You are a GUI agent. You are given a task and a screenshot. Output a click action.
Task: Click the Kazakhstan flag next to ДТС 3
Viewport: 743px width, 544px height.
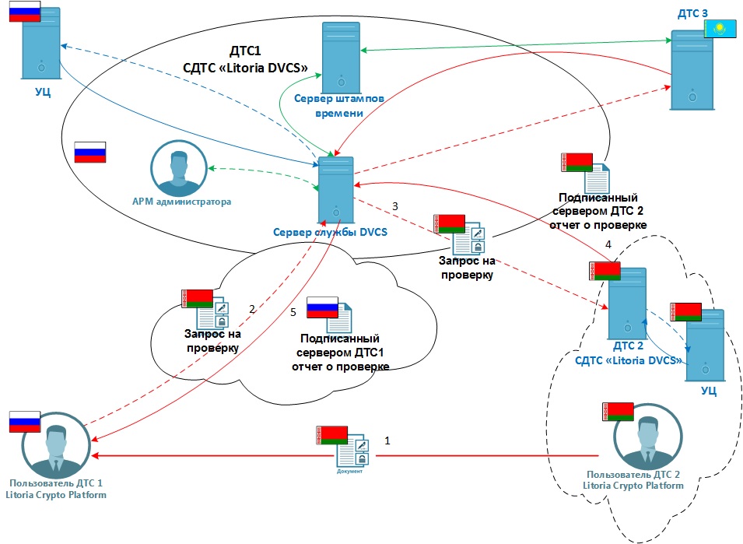tap(719, 30)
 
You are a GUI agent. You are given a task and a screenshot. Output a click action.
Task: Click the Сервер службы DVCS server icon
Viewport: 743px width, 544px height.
tap(335, 191)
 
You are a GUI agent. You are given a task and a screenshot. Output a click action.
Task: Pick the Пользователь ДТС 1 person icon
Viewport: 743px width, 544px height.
tap(55, 451)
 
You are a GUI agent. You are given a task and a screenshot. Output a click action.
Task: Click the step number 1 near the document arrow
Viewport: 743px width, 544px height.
tap(387, 440)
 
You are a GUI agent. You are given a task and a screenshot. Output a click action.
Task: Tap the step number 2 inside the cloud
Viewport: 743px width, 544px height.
tap(251, 309)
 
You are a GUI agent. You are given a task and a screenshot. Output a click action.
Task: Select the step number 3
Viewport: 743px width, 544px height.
tap(395, 206)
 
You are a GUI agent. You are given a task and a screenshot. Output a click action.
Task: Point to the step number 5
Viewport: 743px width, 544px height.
tap(293, 312)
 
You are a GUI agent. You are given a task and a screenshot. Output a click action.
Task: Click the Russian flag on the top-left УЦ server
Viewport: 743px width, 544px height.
tap(24, 11)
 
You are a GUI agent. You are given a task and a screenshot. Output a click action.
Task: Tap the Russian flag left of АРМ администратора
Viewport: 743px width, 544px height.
tap(89, 152)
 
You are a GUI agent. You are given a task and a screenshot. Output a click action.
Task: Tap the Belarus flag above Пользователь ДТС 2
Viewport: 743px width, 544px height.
tap(618, 412)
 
